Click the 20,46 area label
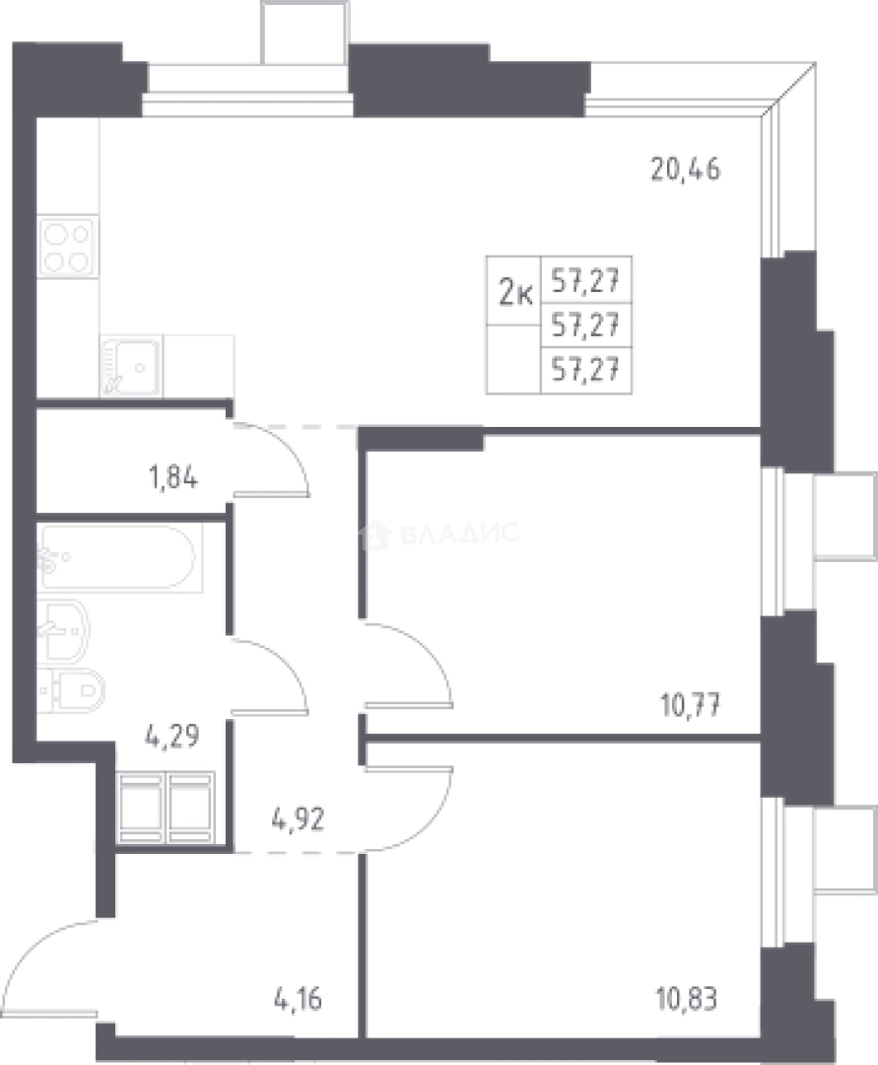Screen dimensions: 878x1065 point(685,170)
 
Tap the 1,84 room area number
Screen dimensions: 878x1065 point(173,477)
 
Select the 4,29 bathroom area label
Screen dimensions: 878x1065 point(171,736)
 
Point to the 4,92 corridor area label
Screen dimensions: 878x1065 point(298,819)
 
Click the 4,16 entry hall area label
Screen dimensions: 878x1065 point(298,999)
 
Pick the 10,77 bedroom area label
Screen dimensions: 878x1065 point(690,706)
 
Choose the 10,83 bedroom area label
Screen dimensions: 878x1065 point(687,999)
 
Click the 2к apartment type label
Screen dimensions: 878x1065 point(515,294)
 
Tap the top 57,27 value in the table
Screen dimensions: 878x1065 point(585,280)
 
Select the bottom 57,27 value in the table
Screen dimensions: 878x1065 point(585,370)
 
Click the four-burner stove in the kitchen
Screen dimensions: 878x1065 point(68,247)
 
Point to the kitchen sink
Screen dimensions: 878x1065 point(132,367)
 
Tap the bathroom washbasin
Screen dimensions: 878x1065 point(63,630)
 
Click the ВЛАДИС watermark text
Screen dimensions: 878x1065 point(459,533)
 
